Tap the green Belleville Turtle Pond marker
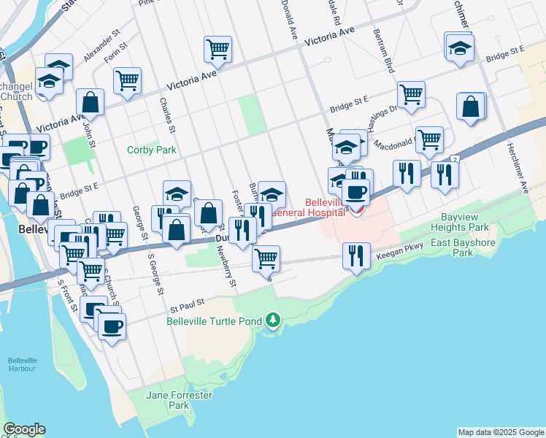click(x=273, y=320)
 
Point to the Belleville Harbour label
click(x=22, y=364)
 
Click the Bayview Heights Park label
click(x=469, y=223)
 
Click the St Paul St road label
click(x=185, y=298)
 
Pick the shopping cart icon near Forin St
click(x=127, y=80)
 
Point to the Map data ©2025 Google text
click(x=501, y=432)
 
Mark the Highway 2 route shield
click(x=454, y=158)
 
